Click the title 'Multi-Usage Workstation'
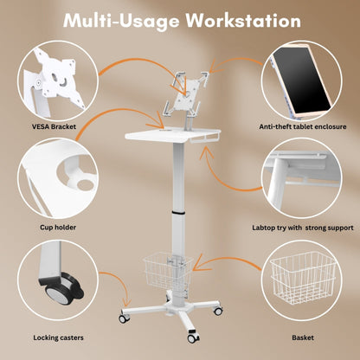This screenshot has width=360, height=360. (x=180, y=19)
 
